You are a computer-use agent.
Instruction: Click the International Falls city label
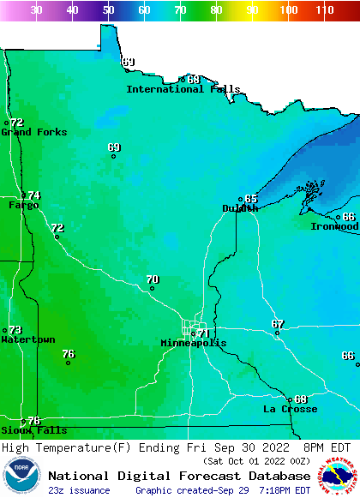click(183, 89)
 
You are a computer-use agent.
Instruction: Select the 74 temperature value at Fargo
click(34, 195)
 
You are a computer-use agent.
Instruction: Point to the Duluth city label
click(240, 208)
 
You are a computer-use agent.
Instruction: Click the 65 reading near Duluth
click(251, 199)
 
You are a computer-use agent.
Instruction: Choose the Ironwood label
click(334, 226)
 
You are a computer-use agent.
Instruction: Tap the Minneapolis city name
click(194, 343)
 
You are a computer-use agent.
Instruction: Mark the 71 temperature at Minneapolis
click(203, 333)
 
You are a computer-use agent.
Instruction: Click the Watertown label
click(27, 339)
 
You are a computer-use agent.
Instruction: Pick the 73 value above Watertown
click(15, 330)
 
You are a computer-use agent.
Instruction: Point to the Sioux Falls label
click(33, 430)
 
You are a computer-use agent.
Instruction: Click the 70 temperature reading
click(153, 279)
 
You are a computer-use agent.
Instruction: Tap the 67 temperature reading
click(278, 324)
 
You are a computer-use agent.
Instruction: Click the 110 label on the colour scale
click(324, 10)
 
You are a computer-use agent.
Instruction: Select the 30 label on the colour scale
click(37, 10)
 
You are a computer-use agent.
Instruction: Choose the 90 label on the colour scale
click(251, 10)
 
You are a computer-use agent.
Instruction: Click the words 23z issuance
click(79, 490)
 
